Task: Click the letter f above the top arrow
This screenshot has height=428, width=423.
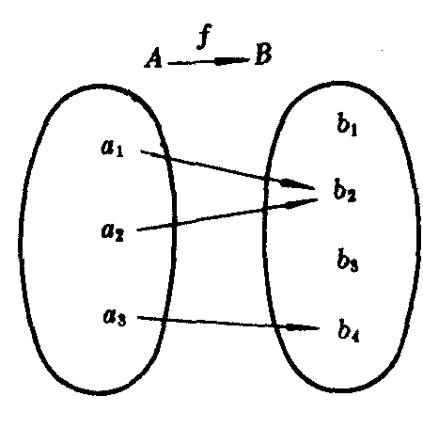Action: tap(205, 37)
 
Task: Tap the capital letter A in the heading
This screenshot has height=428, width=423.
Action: tap(153, 58)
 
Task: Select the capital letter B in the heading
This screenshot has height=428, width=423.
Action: tap(263, 54)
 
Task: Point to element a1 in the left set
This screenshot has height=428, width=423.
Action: tap(113, 148)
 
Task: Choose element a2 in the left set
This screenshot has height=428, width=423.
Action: tap(113, 232)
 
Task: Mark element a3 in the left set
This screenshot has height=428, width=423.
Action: tap(115, 316)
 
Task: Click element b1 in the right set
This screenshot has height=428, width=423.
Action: tap(347, 124)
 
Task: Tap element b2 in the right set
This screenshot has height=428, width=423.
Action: tap(345, 190)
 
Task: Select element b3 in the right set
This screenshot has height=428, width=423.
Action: tap(348, 261)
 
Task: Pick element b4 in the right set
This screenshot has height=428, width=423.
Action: tap(349, 330)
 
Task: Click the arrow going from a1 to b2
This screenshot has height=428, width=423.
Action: tap(227, 170)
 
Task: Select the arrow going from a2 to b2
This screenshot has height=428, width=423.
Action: tap(227, 214)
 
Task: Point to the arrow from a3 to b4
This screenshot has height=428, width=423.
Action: tap(228, 323)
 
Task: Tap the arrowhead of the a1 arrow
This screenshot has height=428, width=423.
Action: tap(298, 184)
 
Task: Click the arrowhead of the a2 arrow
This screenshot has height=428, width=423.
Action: tap(302, 202)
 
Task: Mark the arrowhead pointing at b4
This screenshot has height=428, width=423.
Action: tap(303, 327)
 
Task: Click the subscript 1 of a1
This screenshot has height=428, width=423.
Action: tap(119, 151)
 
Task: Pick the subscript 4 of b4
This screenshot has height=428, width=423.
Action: tap(355, 338)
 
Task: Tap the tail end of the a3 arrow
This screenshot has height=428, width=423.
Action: tap(138, 317)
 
